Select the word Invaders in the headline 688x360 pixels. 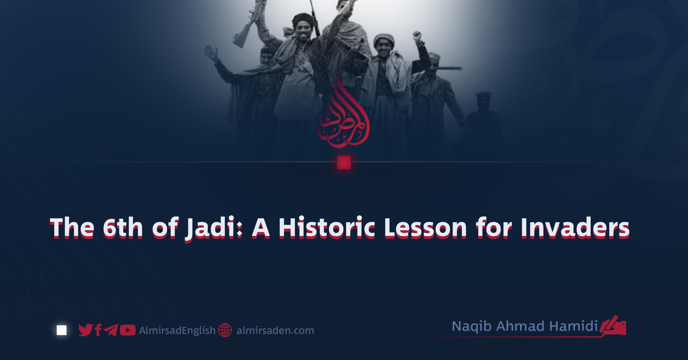click(x=575, y=228)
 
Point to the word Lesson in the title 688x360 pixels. click(x=425, y=228)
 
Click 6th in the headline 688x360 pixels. click(x=123, y=228)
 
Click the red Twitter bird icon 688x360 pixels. click(x=86, y=330)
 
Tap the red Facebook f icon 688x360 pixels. click(x=98, y=330)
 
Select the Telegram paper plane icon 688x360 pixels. click(x=111, y=330)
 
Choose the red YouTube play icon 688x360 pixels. click(x=128, y=330)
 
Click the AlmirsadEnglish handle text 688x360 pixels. click(x=177, y=330)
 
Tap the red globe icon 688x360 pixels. click(x=225, y=330)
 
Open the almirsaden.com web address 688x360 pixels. click(x=275, y=330)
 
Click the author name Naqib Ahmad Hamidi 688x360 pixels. click(x=525, y=326)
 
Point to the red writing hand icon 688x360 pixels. click(x=613, y=326)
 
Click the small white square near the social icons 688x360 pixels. click(x=62, y=330)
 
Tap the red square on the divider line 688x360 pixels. click(x=344, y=163)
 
